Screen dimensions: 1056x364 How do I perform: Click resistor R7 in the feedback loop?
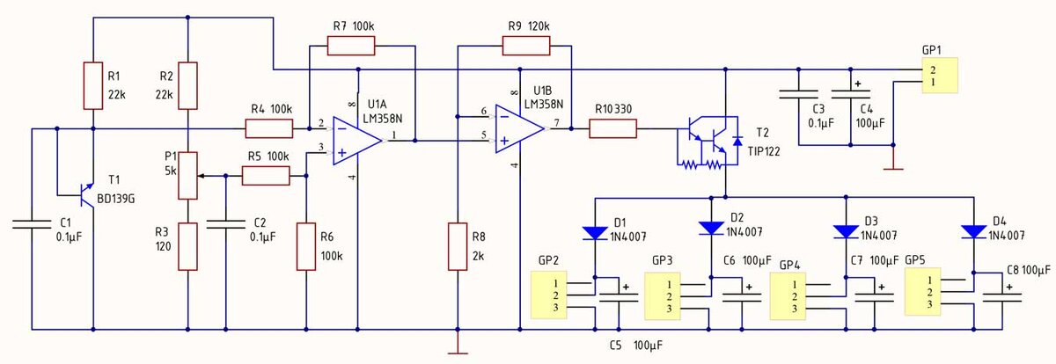(351, 46)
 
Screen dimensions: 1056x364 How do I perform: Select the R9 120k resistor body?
(526, 46)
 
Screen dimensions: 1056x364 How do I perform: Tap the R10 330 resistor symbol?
(612, 128)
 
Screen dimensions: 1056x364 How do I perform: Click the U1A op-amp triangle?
(357, 141)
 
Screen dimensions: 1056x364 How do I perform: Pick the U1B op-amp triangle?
(519, 128)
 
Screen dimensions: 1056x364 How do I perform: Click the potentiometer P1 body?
(187, 176)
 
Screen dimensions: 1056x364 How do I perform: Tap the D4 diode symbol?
(974, 232)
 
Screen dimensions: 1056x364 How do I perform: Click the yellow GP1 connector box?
(940, 76)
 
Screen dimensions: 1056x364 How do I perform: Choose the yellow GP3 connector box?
(663, 296)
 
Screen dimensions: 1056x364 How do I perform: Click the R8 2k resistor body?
(458, 247)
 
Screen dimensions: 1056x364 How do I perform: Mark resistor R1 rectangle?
(93, 85)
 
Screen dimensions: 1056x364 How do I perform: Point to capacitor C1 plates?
(32, 223)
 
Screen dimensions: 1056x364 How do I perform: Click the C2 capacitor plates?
(226, 223)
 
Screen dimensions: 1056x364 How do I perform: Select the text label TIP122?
(764, 151)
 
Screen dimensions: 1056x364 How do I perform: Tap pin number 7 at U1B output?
(556, 122)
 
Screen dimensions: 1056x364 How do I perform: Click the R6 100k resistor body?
(306, 247)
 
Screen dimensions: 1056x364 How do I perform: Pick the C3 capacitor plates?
(799, 94)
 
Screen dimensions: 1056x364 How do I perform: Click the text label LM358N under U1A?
(382, 119)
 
